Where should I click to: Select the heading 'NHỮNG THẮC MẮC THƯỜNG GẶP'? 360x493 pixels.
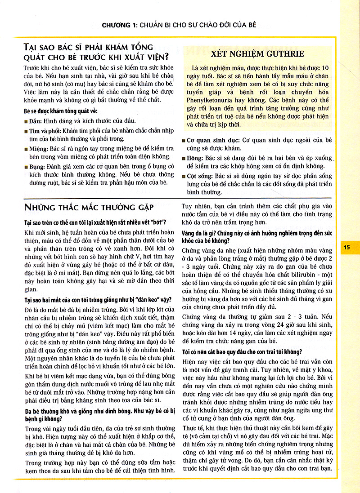[x=89, y=208]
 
